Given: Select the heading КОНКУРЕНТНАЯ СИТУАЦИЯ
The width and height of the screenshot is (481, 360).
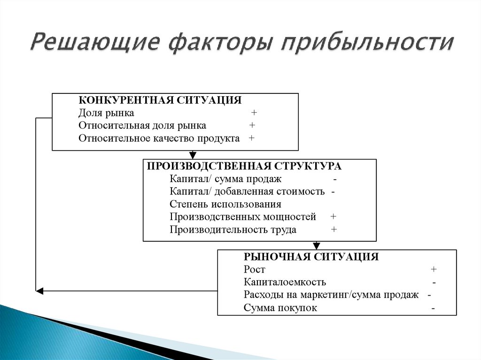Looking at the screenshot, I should coord(160,100).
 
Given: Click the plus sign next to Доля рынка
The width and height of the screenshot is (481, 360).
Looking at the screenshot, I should coord(254,113).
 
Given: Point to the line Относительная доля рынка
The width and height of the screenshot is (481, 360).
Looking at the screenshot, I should coord(142,126).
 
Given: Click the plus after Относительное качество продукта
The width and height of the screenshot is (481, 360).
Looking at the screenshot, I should coord(252,138).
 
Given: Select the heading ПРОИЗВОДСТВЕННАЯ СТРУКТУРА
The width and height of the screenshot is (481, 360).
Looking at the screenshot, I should coord(244,167).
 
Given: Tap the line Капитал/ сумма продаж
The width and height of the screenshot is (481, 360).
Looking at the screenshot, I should coord(225,179).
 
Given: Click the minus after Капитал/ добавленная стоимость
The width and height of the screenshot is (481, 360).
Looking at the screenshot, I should coord(333,192).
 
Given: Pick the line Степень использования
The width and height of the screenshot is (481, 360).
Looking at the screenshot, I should coord(225,205).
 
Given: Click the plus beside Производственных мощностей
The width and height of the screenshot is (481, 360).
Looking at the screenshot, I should coord(334,217).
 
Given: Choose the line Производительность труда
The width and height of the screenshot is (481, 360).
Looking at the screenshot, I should coord(233,230).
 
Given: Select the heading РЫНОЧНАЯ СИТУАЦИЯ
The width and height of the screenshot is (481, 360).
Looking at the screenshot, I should coord(311,257).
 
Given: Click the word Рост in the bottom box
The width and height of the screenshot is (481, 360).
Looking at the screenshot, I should coord(255,269).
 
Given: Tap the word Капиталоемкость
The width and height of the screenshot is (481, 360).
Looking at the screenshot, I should coord(285,282).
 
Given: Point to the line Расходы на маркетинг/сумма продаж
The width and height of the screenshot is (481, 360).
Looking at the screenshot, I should coord(331,295).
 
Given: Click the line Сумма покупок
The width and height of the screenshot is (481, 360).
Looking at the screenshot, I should coord(280,308).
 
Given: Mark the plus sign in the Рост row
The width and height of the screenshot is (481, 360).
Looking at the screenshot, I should coord(434,269).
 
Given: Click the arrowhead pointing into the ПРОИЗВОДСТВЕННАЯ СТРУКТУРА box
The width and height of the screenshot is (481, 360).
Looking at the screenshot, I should coord(192,155).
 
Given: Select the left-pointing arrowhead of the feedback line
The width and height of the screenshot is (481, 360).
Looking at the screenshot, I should coord(39,291).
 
